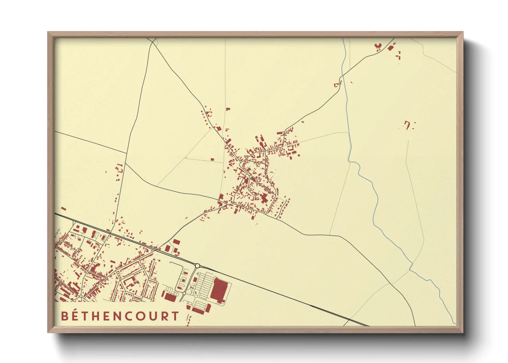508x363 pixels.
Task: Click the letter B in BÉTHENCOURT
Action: (65, 316)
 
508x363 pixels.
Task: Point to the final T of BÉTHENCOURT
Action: (175, 316)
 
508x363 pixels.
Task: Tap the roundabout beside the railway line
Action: (197, 265)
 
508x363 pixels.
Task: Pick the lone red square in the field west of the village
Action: (212, 160)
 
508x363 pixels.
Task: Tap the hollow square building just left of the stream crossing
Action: (336, 84)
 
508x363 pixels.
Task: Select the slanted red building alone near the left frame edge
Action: (63, 208)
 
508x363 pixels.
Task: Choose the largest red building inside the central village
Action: (265, 198)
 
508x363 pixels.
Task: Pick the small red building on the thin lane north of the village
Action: (228, 109)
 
